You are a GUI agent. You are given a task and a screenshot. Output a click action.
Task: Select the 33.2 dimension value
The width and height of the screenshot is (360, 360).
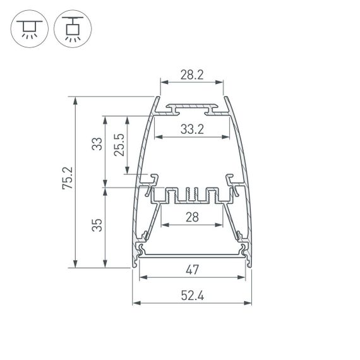click(x=192, y=129)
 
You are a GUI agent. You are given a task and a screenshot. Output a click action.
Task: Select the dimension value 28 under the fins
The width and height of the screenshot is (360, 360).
click(x=192, y=217)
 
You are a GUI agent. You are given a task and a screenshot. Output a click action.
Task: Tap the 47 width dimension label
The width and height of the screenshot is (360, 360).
click(x=192, y=270)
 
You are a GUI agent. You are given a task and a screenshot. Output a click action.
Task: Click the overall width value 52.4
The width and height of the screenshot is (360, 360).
click(x=192, y=294)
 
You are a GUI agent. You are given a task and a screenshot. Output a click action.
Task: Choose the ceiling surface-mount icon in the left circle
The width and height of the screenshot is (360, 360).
click(x=28, y=30)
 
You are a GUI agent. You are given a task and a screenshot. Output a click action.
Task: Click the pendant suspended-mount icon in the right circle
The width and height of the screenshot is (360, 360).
click(x=71, y=30)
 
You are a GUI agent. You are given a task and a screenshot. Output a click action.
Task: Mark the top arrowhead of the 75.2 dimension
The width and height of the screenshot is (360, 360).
click(x=76, y=99)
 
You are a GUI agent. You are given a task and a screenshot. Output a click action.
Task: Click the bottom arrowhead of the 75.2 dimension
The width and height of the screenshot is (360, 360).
click(x=76, y=265)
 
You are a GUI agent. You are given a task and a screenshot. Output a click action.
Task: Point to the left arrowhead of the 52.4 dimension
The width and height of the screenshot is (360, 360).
click(x=135, y=303)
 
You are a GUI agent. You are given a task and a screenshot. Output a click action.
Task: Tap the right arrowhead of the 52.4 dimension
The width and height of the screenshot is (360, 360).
click(x=249, y=303)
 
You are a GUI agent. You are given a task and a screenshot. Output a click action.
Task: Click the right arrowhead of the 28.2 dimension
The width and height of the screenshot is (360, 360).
click(x=222, y=82)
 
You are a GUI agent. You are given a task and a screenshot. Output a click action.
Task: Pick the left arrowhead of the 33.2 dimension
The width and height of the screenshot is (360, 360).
click(x=157, y=138)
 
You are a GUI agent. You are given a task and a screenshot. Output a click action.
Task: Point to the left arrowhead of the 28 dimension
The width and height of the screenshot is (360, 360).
click(x=163, y=225)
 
